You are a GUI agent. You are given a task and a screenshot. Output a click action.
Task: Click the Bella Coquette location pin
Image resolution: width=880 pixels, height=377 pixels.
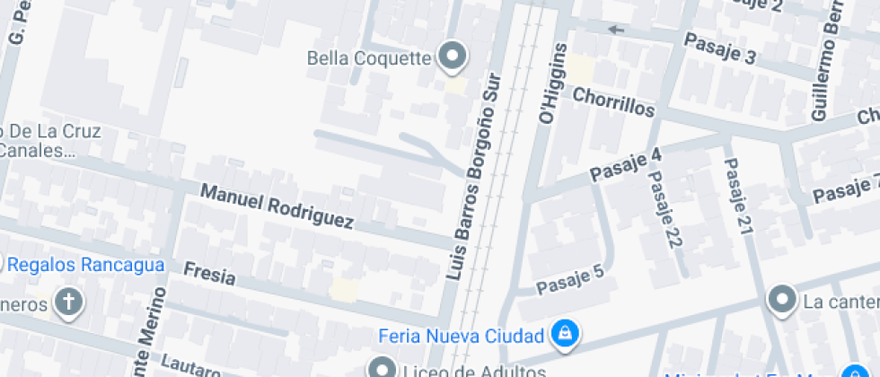tap(453, 57)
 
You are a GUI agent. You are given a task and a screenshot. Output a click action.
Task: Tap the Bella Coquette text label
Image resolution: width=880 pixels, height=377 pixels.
tap(369, 59)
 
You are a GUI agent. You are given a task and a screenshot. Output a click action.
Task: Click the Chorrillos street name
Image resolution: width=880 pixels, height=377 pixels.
tap(613, 101)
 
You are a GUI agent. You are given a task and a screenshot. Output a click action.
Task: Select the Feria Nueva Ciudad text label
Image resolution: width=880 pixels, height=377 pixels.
tap(462, 337)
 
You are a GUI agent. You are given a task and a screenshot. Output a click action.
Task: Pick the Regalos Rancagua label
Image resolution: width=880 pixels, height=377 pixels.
tap(85, 265)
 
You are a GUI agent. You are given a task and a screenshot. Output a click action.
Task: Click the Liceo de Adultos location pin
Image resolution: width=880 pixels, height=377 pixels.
tap(381, 368)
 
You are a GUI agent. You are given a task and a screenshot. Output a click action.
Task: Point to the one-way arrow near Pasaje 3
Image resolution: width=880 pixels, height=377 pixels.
tap(616, 30)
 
